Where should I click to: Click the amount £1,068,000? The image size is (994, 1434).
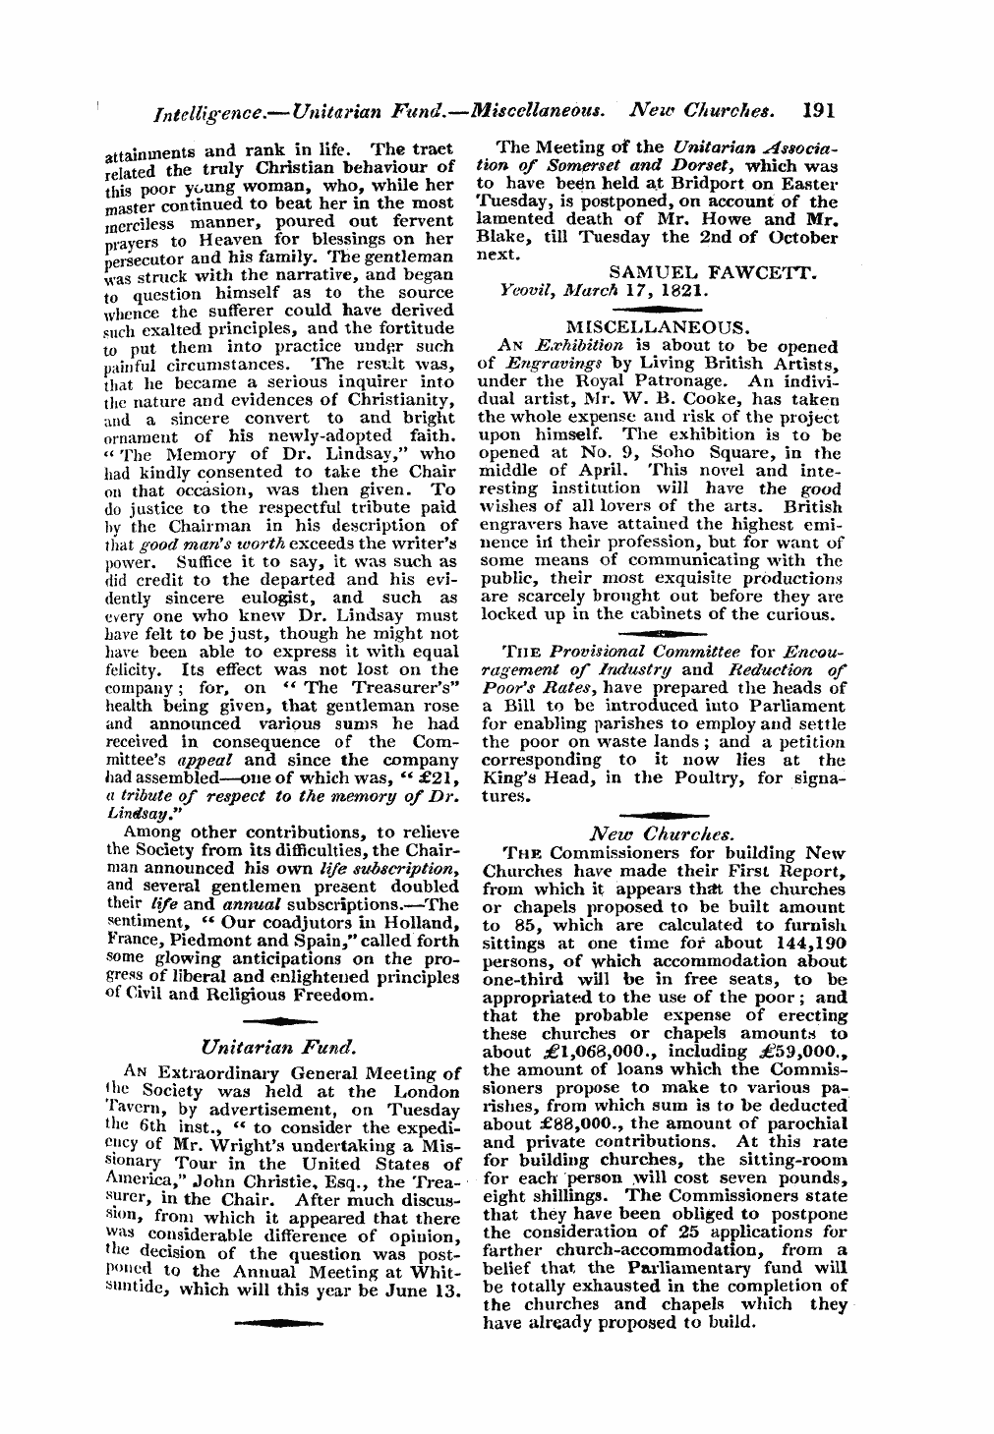[582, 1052]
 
